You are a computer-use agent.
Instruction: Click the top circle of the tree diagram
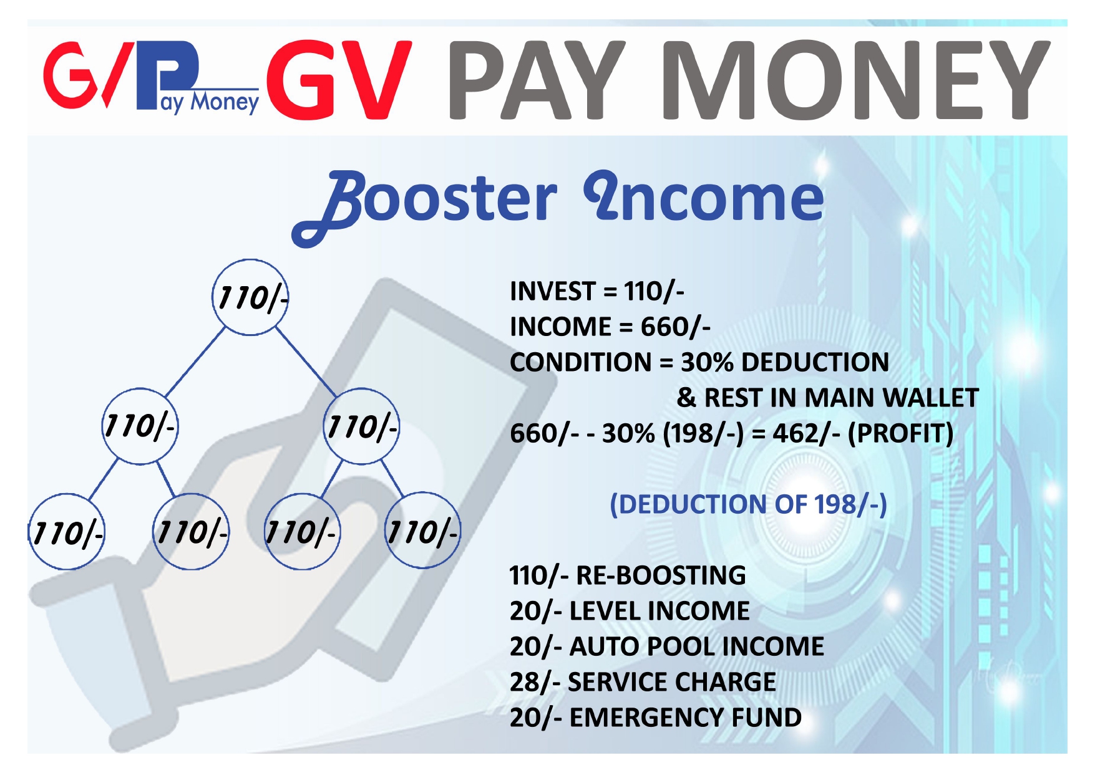[250, 297]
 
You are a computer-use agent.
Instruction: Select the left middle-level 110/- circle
[140, 426]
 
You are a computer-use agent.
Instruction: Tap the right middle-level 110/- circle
[362, 426]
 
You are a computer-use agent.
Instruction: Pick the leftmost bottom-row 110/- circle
[67, 532]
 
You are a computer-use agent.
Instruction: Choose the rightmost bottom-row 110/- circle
[422, 531]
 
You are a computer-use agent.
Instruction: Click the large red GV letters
[339, 79]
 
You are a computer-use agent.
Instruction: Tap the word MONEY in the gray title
[855, 79]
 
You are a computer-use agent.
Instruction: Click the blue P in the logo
[168, 72]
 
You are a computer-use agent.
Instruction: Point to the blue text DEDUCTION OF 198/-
[748, 504]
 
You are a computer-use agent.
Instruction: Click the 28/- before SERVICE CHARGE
[535, 682]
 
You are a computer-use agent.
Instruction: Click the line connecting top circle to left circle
[195, 362]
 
